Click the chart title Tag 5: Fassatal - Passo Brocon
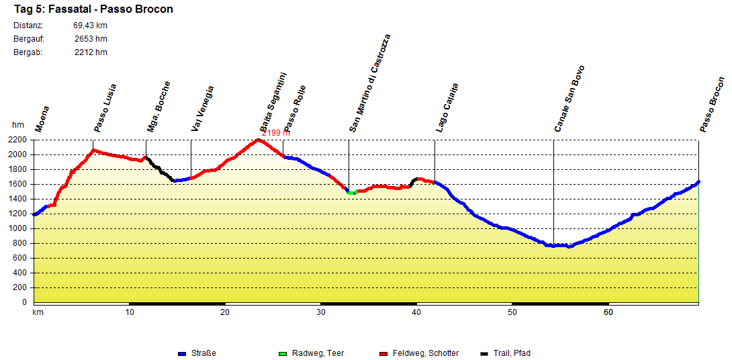click(x=93, y=9)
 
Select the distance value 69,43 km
click(x=90, y=26)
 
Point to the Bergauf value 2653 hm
click(x=91, y=39)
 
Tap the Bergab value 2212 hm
click(x=91, y=52)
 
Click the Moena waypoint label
click(x=42, y=118)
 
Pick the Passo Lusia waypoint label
click(x=105, y=107)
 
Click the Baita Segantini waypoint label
click(x=273, y=102)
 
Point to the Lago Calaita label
click(x=447, y=107)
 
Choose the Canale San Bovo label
click(x=569, y=98)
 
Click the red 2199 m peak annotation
click(x=276, y=133)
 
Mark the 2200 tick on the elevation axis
click(x=18, y=140)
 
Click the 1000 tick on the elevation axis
click(x=18, y=228)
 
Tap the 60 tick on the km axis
click(x=608, y=312)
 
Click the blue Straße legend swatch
click(x=181, y=354)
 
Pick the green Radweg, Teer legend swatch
click(x=282, y=354)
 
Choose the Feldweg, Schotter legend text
click(x=426, y=353)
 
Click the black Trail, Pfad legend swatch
click(x=485, y=354)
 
